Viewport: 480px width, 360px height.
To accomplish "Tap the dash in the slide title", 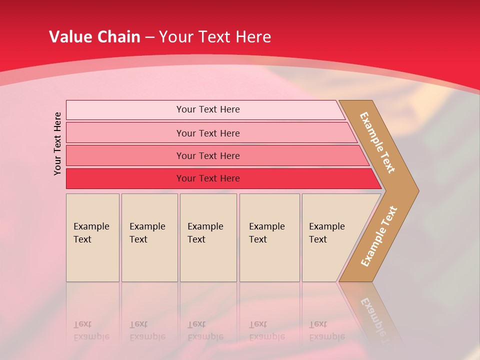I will click(x=149, y=37).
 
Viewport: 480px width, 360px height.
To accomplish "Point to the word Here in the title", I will click(x=253, y=37).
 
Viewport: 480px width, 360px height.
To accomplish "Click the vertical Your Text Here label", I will click(x=57, y=143).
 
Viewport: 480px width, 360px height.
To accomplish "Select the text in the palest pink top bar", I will click(x=208, y=109).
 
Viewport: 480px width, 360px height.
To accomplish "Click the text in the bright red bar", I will click(x=208, y=178).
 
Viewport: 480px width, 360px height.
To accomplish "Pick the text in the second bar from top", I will click(x=208, y=133).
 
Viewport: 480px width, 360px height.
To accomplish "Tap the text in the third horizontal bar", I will click(x=208, y=156).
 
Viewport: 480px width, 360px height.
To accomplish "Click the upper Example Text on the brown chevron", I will click(x=377, y=142).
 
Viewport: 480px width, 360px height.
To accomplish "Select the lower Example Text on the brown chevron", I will click(x=379, y=236).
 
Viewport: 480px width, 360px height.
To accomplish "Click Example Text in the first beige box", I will click(x=91, y=233).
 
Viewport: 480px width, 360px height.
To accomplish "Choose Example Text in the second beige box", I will click(x=147, y=233).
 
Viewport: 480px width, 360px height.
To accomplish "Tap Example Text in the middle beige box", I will click(x=205, y=233).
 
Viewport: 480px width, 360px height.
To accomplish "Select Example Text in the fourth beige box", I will click(x=266, y=233).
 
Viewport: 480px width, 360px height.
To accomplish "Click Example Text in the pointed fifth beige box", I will click(x=326, y=233).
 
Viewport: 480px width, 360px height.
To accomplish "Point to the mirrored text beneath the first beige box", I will click(x=91, y=330).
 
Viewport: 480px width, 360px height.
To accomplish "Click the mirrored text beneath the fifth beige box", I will click(x=326, y=330).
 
